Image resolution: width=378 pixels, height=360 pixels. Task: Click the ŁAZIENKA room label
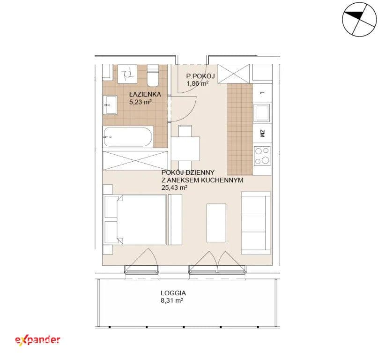click(145, 94)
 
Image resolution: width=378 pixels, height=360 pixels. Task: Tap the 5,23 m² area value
click(141, 102)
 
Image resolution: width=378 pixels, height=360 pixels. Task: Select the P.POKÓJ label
click(200, 76)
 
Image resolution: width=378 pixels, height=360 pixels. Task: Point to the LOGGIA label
click(173, 293)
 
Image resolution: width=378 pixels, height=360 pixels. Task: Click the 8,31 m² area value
click(172, 300)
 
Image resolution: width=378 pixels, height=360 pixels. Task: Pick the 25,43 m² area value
click(175, 187)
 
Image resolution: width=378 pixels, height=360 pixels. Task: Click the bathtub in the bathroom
click(128, 137)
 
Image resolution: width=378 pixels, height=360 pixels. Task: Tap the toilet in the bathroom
click(153, 75)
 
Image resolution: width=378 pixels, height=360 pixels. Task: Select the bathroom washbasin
click(110, 105)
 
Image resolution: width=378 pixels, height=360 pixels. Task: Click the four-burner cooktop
click(262, 156)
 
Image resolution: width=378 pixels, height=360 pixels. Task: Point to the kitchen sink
click(262, 112)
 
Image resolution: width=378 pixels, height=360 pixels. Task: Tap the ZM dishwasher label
click(262, 134)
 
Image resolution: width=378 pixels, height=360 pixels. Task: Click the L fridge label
click(262, 93)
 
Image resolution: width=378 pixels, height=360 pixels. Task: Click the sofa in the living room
click(256, 223)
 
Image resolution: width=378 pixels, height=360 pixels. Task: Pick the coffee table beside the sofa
click(216, 223)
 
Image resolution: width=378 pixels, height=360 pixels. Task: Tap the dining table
click(185, 149)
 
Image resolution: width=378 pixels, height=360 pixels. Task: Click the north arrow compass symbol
click(359, 19)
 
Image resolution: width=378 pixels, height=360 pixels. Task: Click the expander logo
click(37, 340)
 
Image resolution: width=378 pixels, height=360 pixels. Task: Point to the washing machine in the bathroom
click(127, 74)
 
